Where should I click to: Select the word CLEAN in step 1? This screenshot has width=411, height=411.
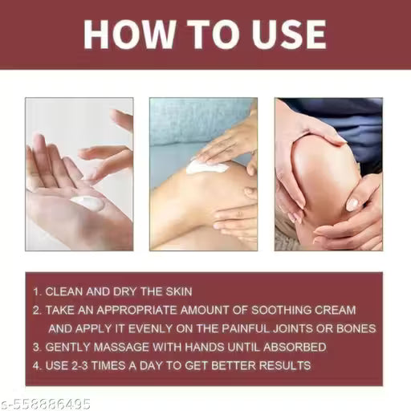(x=64, y=291)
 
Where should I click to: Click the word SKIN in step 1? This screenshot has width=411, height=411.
(x=175, y=291)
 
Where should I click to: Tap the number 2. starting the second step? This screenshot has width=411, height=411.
(x=36, y=310)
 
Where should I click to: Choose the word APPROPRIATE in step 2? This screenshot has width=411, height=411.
(x=140, y=310)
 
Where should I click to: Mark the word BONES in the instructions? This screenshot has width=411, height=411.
(x=355, y=328)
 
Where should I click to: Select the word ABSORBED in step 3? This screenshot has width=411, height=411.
(x=293, y=347)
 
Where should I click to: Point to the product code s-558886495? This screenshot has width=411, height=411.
(x=46, y=403)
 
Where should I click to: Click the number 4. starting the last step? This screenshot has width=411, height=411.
(x=36, y=366)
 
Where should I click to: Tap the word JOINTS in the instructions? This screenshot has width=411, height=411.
(x=303, y=328)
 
